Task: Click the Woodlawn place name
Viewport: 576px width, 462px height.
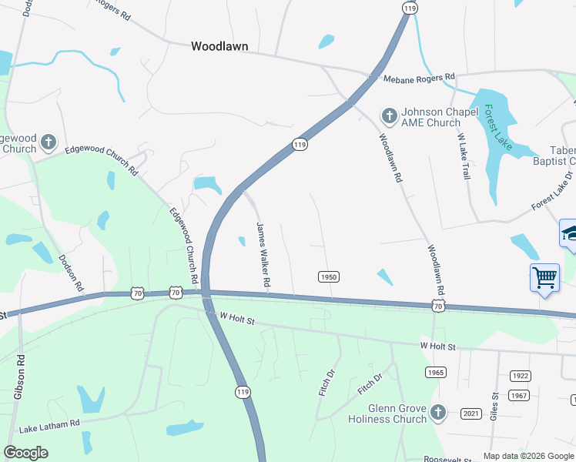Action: pos(219,46)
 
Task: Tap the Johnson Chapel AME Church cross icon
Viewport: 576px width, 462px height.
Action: pos(390,117)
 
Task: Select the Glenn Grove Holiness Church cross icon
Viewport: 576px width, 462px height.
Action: pos(438,413)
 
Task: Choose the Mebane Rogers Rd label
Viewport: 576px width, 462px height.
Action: pos(420,77)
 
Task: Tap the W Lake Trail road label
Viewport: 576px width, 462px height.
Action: pos(464,156)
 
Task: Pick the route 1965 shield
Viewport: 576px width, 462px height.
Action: pos(436,372)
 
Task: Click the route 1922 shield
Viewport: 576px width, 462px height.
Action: pos(520,376)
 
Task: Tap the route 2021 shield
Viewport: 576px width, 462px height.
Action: pos(471,413)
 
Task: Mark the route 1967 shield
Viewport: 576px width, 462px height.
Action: pos(519,395)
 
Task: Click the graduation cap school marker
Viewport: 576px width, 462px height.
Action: pos(569,233)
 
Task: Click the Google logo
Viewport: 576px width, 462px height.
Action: pos(26,453)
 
